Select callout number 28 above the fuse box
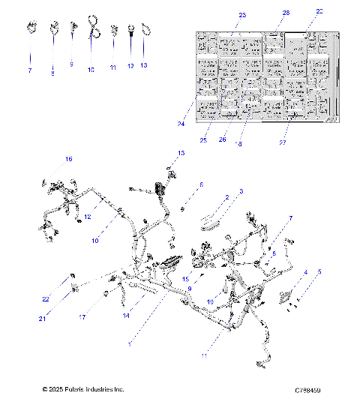click(x=285, y=13)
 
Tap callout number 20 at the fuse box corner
click(x=319, y=11)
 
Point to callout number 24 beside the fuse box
click(x=181, y=124)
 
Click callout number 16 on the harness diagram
click(x=68, y=159)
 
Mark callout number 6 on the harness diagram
click(x=200, y=184)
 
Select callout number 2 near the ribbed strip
click(x=226, y=197)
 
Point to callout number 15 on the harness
click(x=185, y=279)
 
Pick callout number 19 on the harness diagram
click(x=211, y=301)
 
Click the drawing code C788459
click(x=307, y=390)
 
